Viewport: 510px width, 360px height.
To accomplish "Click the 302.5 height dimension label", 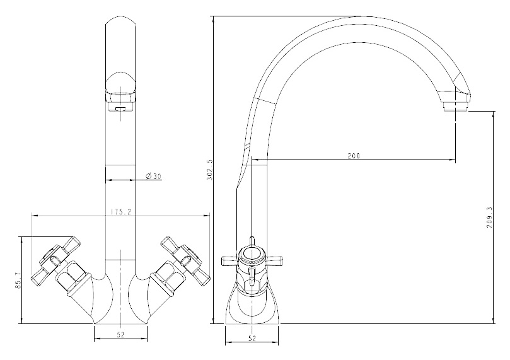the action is tap(209, 169).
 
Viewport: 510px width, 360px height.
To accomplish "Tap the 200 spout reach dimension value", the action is tap(354, 156).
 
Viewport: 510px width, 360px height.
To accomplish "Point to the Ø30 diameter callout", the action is tap(154, 177).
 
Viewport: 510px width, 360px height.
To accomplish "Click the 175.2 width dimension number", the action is tap(120, 212).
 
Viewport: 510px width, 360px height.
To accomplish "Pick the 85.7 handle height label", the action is tap(18, 281).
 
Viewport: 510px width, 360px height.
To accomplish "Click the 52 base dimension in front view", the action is tap(120, 334).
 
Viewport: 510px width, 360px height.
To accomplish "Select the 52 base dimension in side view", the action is tap(252, 338).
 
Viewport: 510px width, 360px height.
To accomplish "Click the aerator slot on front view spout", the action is tap(120, 108).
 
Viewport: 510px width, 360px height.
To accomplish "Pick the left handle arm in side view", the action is tap(230, 261).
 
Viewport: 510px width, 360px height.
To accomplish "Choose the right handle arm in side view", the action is tap(274, 261).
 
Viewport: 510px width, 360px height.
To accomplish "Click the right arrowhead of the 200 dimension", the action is tap(452, 160).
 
